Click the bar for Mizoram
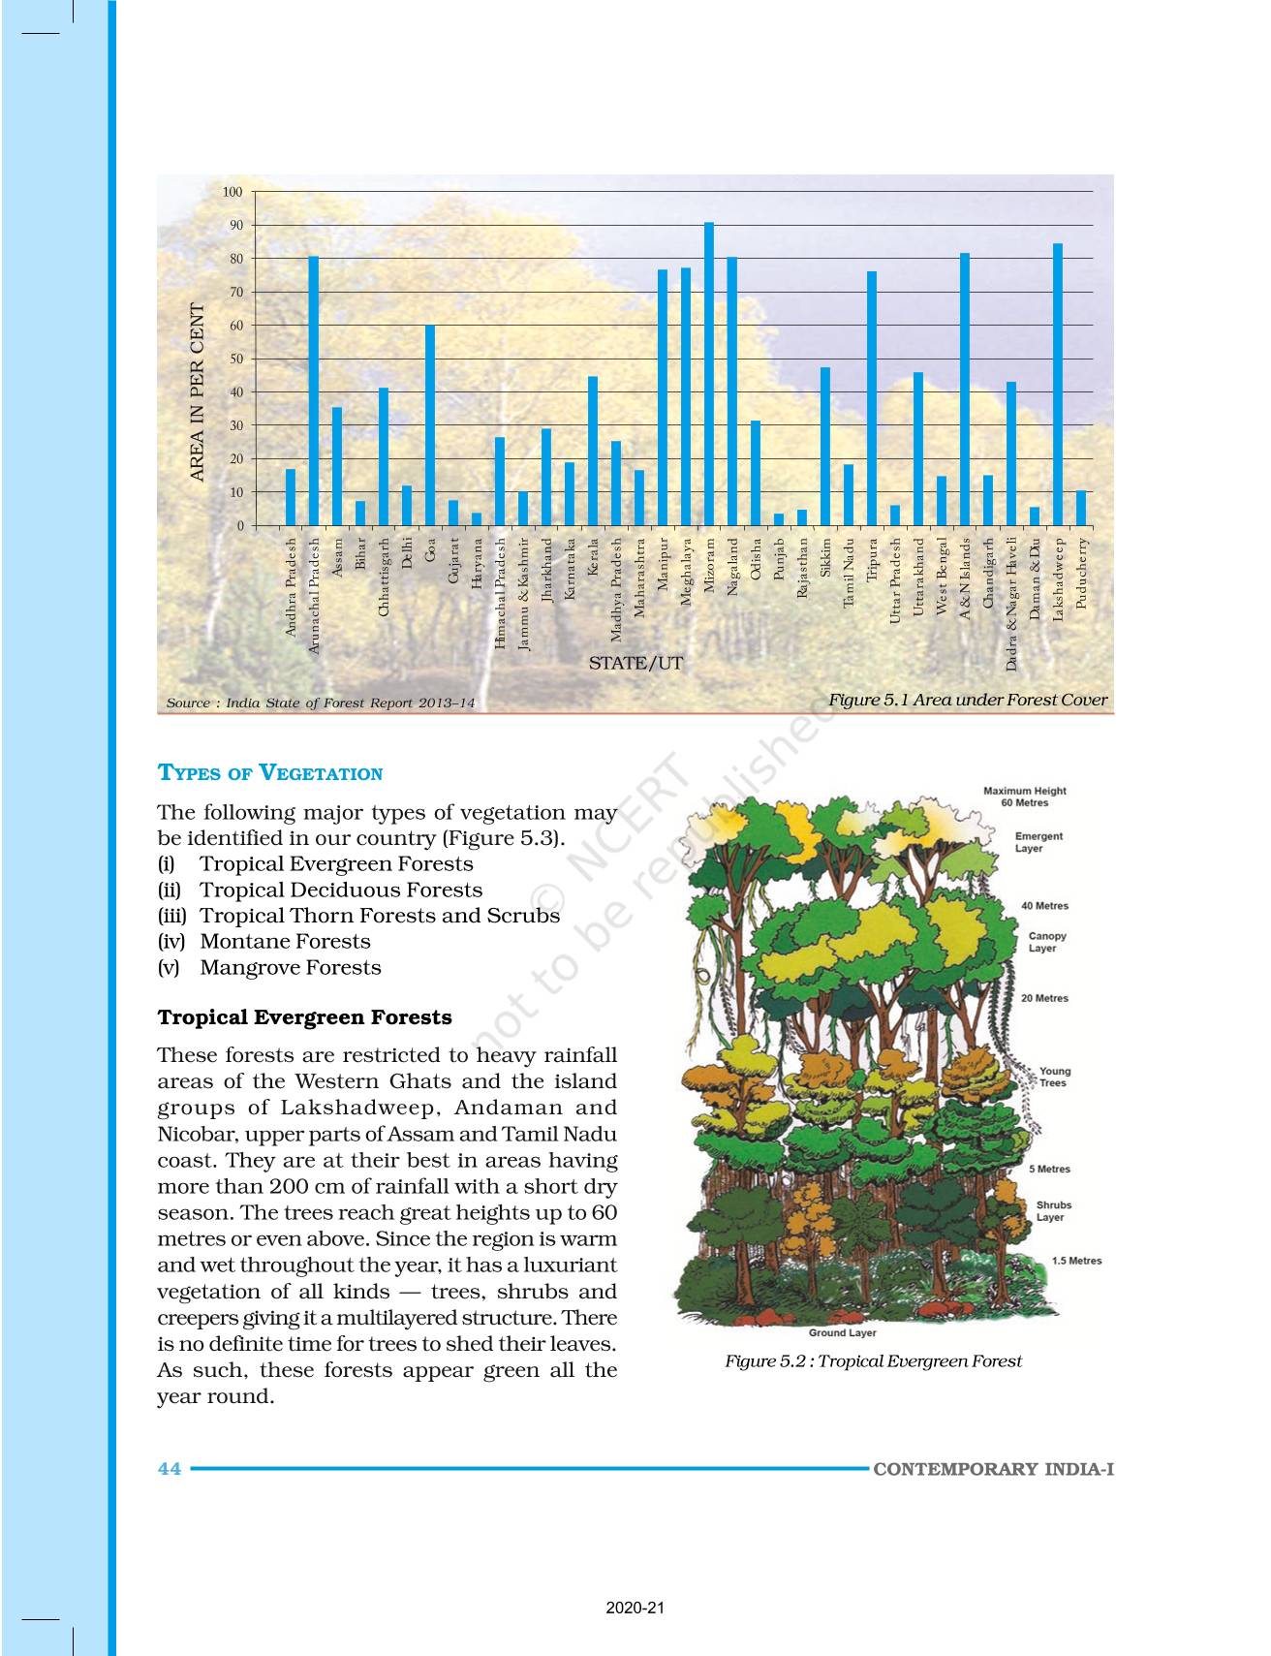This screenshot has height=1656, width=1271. tap(709, 374)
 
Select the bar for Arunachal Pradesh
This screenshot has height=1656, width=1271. tap(314, 391)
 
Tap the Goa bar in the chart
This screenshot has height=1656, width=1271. tap(430, 425)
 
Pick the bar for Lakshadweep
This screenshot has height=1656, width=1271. tap(1058, 384)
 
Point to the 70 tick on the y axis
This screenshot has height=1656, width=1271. tap(236, 292)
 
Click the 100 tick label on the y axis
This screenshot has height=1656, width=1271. tap(232, 192)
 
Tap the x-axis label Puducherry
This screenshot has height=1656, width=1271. tap(1081, 574)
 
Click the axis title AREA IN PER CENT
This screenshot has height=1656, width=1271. tap(198, 392)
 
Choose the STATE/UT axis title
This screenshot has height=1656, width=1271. tap(635, 664)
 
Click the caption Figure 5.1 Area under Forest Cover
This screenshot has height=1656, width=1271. tap(967, 700)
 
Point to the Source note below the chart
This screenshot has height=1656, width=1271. tap(321, 703)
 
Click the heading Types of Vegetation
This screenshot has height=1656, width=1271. tap(270, 773)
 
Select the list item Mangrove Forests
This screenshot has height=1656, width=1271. tap(290, 967)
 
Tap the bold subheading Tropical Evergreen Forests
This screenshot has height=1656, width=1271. tap(304, 1017)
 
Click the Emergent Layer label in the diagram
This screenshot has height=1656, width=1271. tap(1038, 842)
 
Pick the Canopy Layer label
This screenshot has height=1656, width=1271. tap(1046, 942)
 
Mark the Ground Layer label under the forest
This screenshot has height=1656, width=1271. tap(842, 1332)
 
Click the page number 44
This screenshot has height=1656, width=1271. tap(170, 1469)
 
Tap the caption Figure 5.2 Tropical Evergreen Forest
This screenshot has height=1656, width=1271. tap(873, 1361)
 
